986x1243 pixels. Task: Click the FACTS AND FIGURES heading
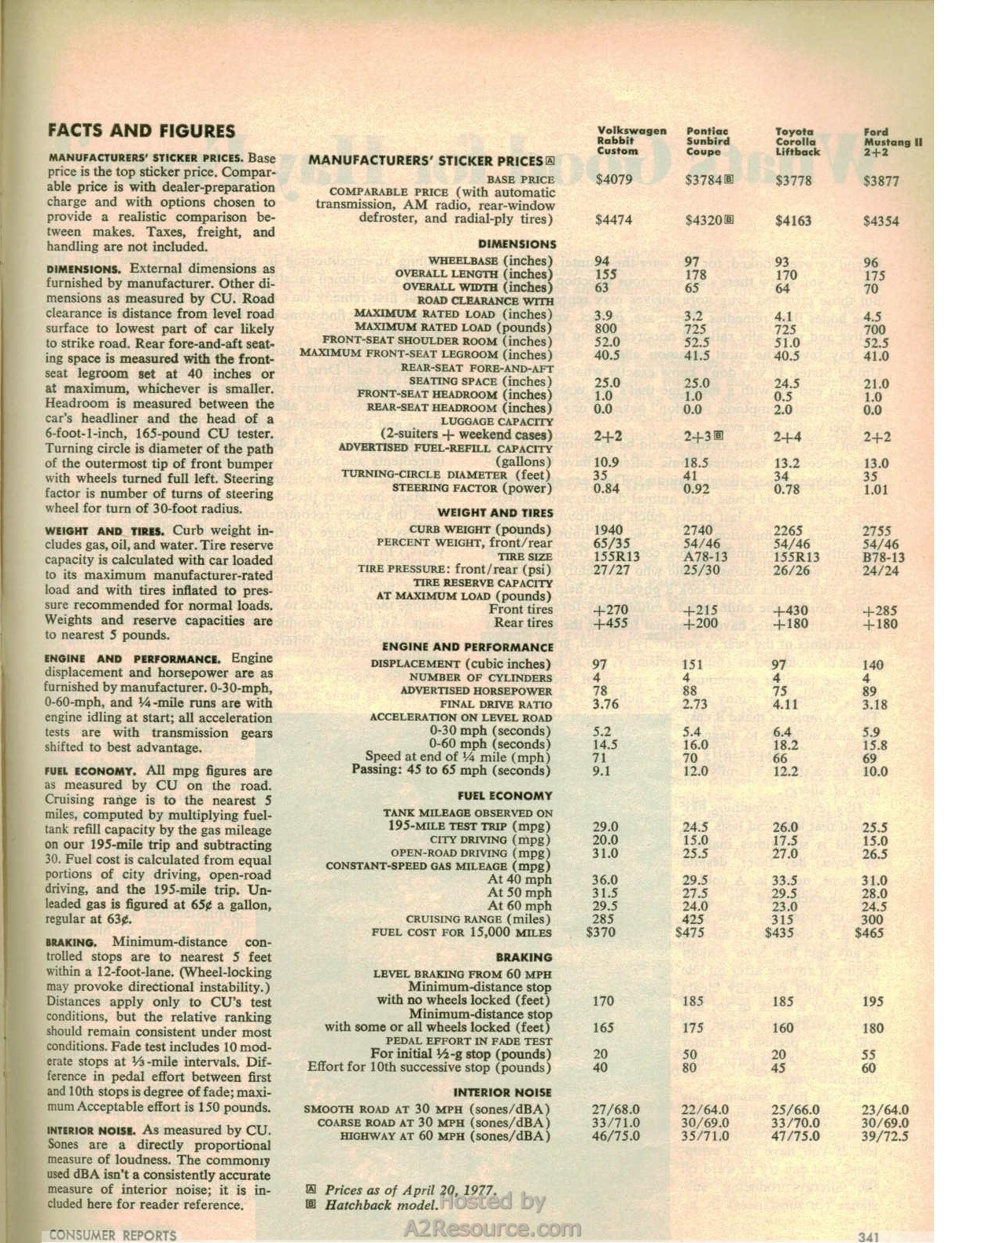coord(142,131)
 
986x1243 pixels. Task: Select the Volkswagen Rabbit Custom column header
coord(631,141)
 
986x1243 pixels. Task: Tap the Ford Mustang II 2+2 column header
coord(893,142)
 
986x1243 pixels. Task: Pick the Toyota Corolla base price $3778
coord(793,181)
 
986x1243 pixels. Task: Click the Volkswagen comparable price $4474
coord(613,220)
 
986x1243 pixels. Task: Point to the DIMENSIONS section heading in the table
coord(517,244)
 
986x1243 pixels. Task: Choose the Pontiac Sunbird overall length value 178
coord(696,275)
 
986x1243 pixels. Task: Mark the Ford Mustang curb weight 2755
coord(877,531)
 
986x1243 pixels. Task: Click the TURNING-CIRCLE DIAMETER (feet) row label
coord(447,475)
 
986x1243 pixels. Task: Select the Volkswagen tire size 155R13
coord(616,556)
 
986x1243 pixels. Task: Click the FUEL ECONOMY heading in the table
coord(505,796)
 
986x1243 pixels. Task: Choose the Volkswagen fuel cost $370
coord(602,933)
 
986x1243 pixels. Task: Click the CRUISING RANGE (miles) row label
coord(478,918)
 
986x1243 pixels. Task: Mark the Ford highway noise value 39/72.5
coord(885,1136)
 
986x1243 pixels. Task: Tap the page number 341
coord(868,1236)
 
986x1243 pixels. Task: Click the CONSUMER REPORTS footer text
coord(112,1235)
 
